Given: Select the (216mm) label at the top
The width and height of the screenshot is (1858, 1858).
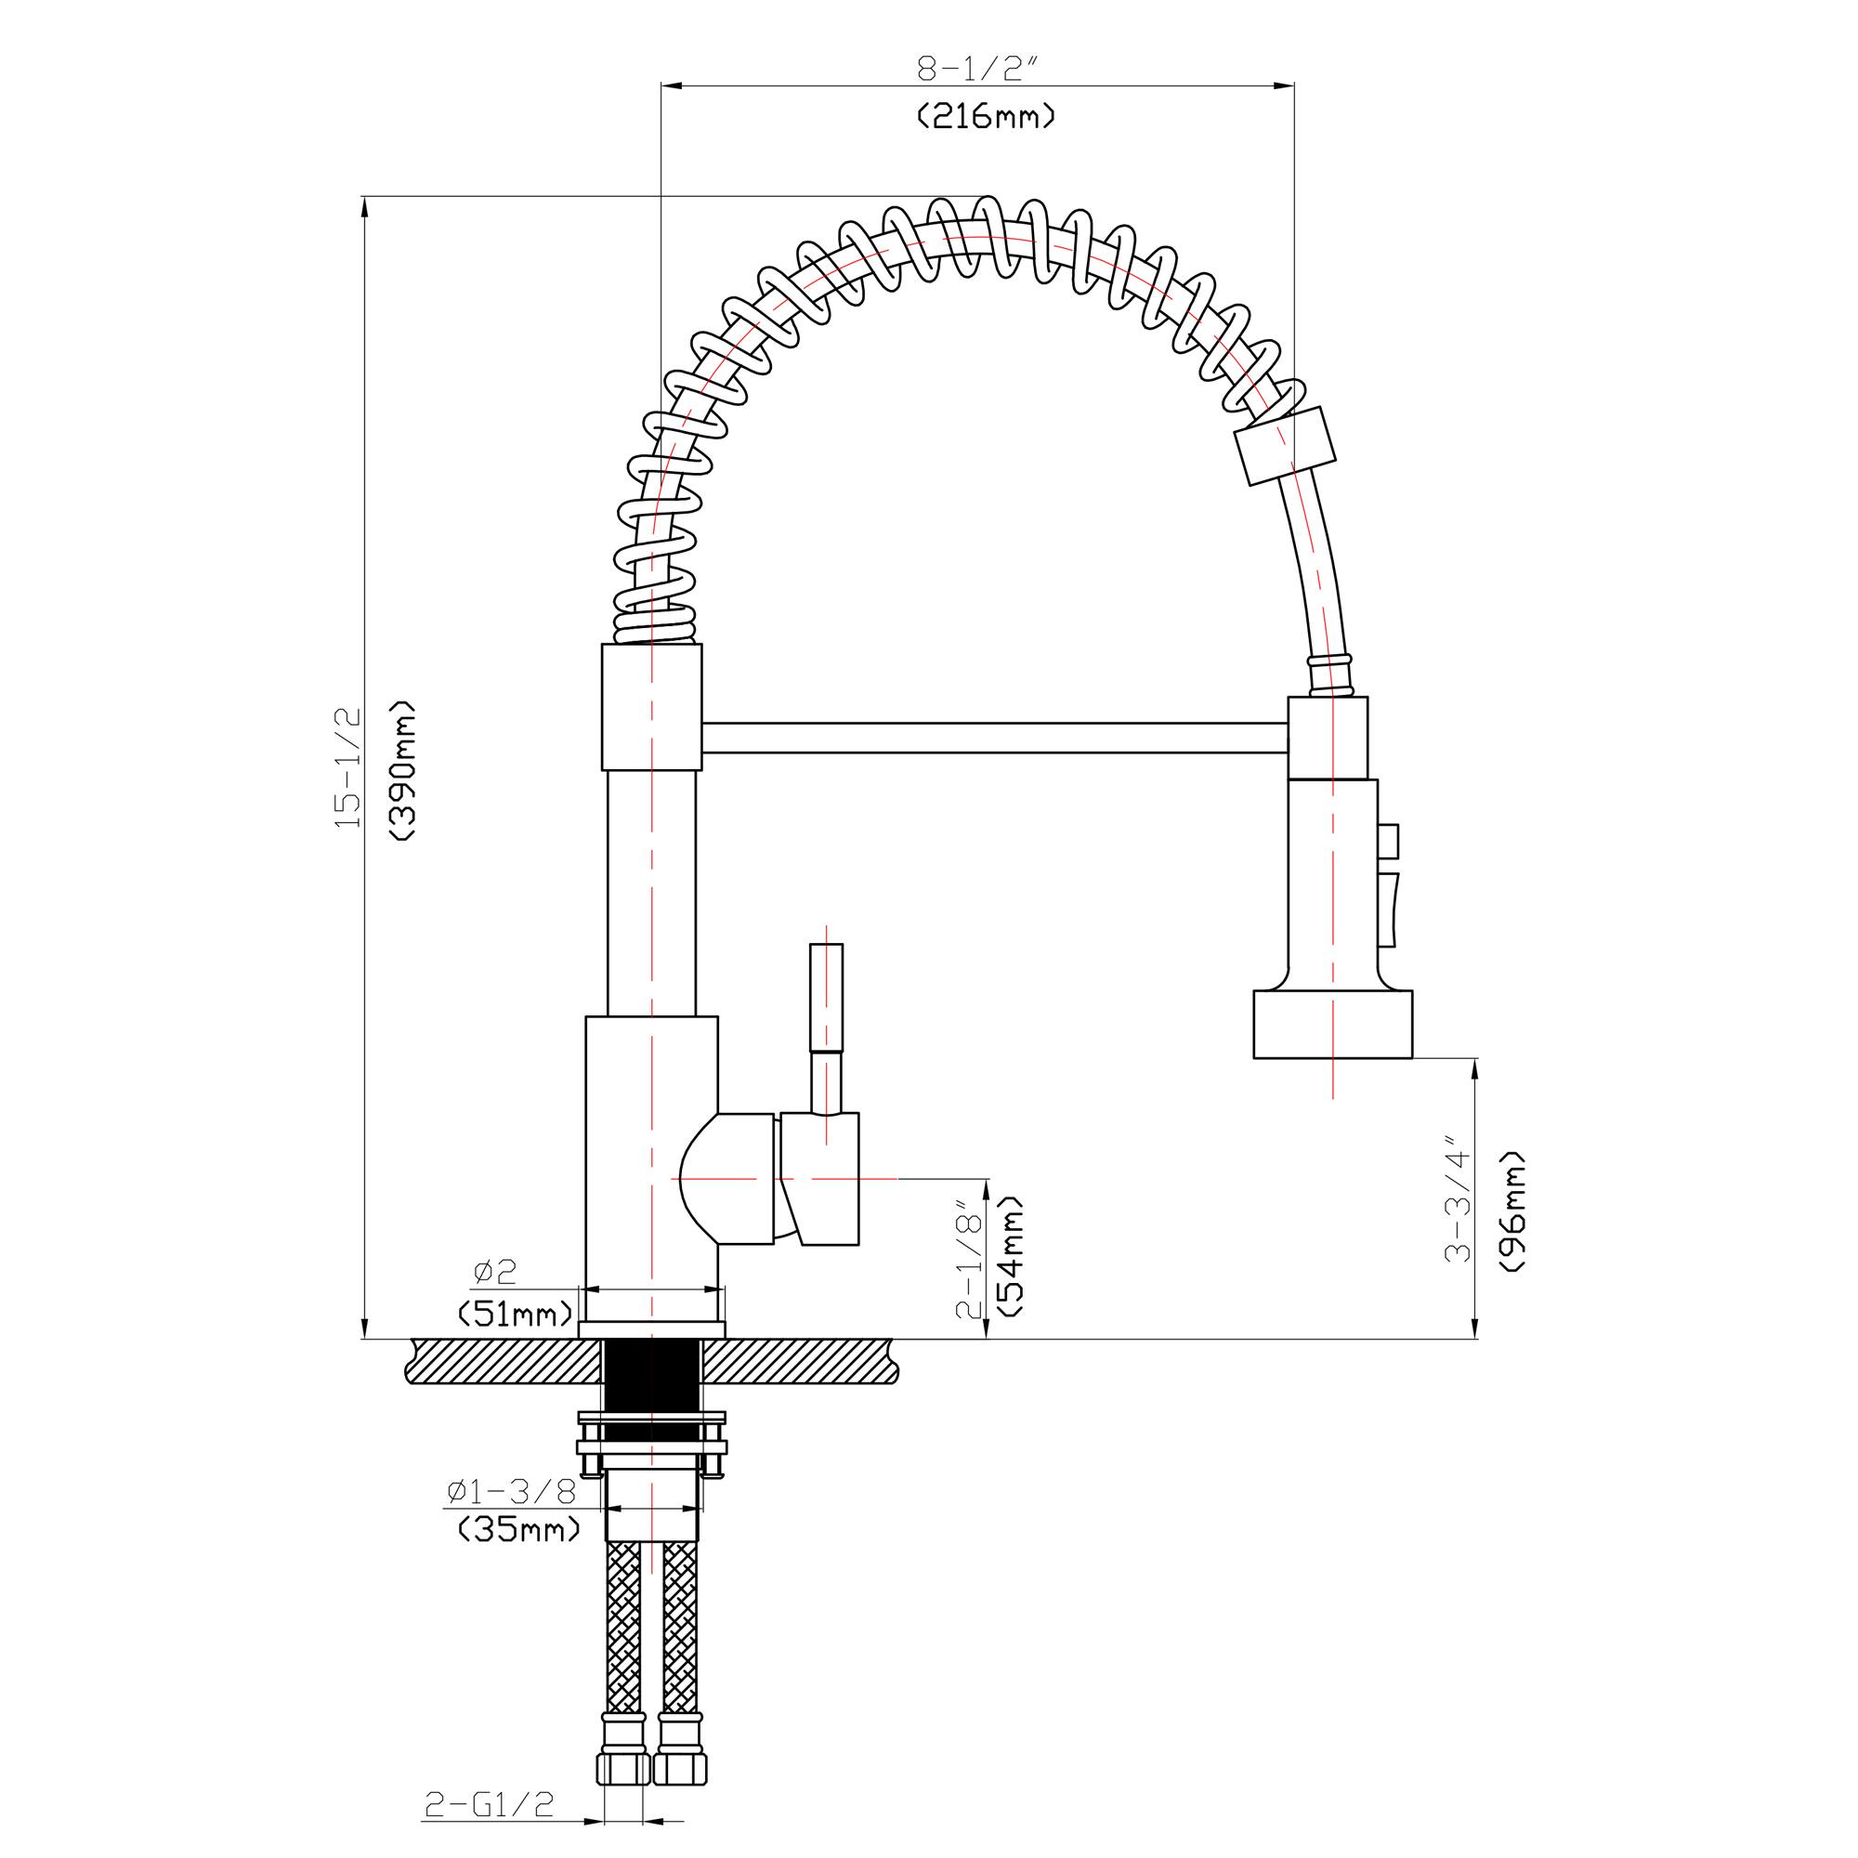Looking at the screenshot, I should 985,117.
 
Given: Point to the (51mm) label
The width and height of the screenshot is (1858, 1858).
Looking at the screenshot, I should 516,1312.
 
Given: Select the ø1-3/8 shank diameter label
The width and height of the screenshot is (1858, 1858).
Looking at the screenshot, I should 512,1492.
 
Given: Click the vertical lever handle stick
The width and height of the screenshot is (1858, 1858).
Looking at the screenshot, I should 827,1001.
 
